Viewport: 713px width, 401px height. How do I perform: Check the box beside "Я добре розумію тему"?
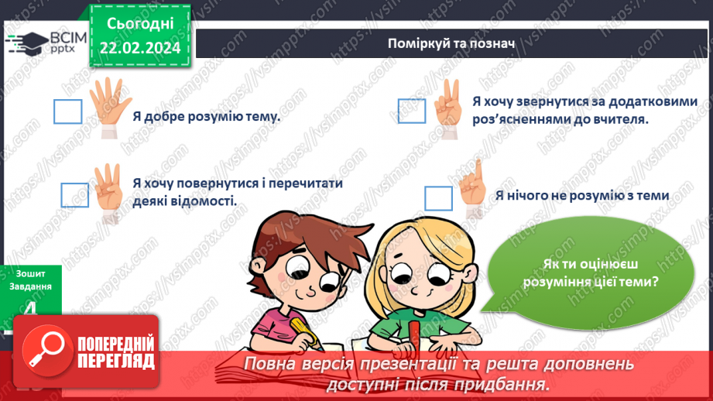pyautogui.click(x=67, y=111)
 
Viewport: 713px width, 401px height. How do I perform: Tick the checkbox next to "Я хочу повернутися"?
pyautogui.click(x=74, y=194)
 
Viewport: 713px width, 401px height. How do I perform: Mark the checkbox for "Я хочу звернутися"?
pyautogui.click(x=412, y=110)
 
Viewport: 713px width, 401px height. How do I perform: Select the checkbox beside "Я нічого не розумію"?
pyautogui.click(x=438, y=198)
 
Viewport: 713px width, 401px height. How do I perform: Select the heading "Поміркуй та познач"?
pyautogui.click(x=451, y=42)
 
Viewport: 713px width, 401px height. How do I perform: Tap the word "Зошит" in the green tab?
pyautogui.click(x=32, y=273)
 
